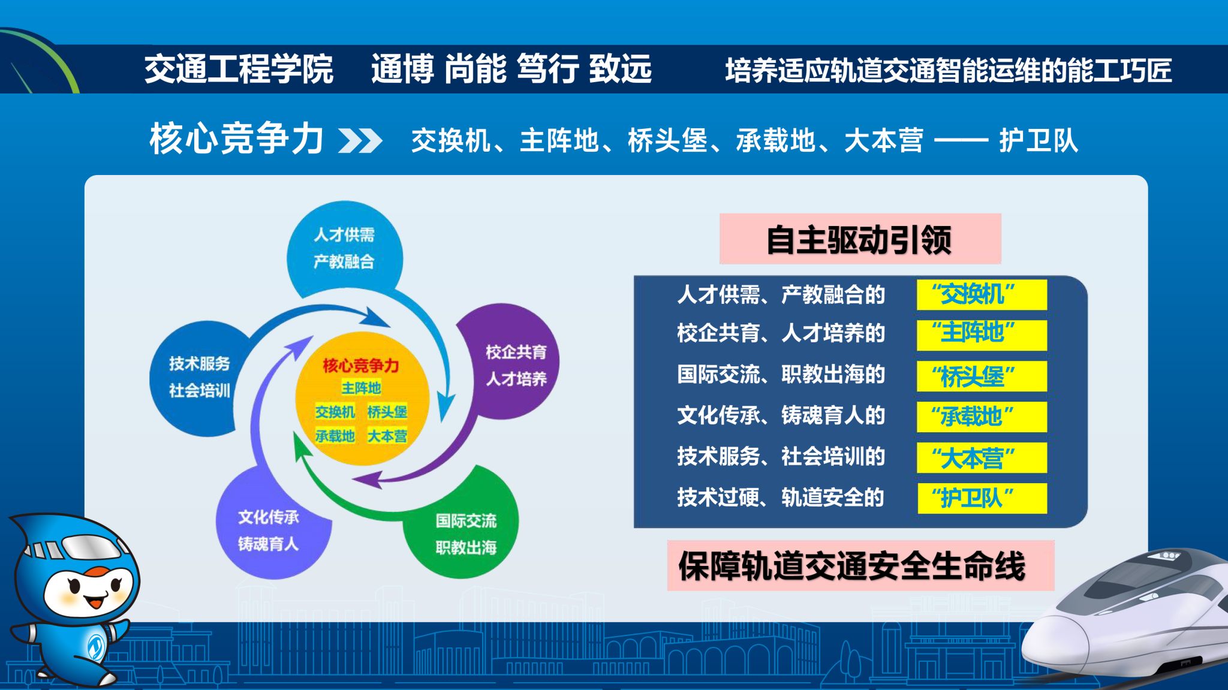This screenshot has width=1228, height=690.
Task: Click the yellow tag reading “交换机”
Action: (x=982, y=294)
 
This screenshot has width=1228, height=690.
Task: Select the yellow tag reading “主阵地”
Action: (x=982, y=335)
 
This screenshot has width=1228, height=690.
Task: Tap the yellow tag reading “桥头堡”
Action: (x=982, y=376)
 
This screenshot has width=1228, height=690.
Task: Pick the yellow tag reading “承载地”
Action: (x=982, y=417)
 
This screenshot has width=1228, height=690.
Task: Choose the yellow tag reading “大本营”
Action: (x=982, y=457)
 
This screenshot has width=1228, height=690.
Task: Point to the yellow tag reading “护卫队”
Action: (x=982, y=498)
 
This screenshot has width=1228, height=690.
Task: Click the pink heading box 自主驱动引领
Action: (x=860, y=239)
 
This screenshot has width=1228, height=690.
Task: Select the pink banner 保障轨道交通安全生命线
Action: (x=860, y=566)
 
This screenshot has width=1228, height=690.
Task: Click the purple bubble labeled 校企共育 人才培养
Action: (x=510, y=363)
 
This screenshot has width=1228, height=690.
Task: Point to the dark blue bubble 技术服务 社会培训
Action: (x=201, y=378)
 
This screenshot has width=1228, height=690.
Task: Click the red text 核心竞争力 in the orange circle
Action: (x=360, y=365)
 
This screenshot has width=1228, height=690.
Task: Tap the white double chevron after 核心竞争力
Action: (x=360, y=141)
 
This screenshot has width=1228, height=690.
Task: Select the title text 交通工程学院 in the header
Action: (x=239, y=69)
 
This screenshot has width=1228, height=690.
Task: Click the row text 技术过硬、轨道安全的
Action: (x=781, y=498)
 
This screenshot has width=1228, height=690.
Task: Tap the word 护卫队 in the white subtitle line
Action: (x=1039, y=141)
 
